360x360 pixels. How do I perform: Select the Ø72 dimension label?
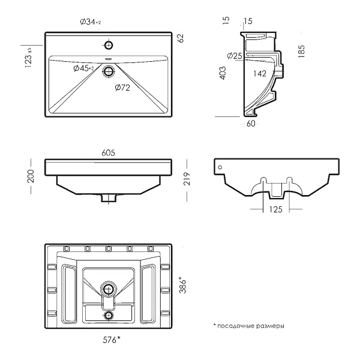pyautogui.click(x=122, y=88)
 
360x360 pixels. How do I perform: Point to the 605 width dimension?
pyautogui.click(x=109, y=152)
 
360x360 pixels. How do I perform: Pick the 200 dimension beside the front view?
pyautogui.click(x=31, y=176)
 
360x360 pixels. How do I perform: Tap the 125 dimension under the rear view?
pyautogui.click(x=276, y=209)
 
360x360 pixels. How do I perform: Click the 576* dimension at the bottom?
pyautogui.click(x=112, y=340)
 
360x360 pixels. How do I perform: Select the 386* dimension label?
pyautogui.click(x=183, y=284)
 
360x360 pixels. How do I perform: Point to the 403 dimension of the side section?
pyautogui.click(x=223, y=73)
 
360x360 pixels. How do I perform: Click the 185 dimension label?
pyautogui.click(x=301, y=51)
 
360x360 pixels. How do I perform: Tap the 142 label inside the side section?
pyautogui.click(x=260, y=74)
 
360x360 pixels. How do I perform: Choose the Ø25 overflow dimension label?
pyautogui.click(x=235, y=56)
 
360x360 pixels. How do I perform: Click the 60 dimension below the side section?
pyautogui.click(x=251, y=124)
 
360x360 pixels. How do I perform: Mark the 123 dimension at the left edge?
pyautogui.click(x=28, y=58)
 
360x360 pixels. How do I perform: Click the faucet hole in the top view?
pyautogui.click(x=109, y=45)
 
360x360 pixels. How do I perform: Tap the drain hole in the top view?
pyautogui.click(x=109, y=71)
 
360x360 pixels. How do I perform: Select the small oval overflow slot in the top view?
pyautogui.click(x=109, y=58)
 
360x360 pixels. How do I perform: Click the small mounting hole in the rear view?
pyautogui.click(x=220, y=167)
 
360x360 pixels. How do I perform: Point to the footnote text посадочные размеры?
pyautogui.click(x=250, y=326)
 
